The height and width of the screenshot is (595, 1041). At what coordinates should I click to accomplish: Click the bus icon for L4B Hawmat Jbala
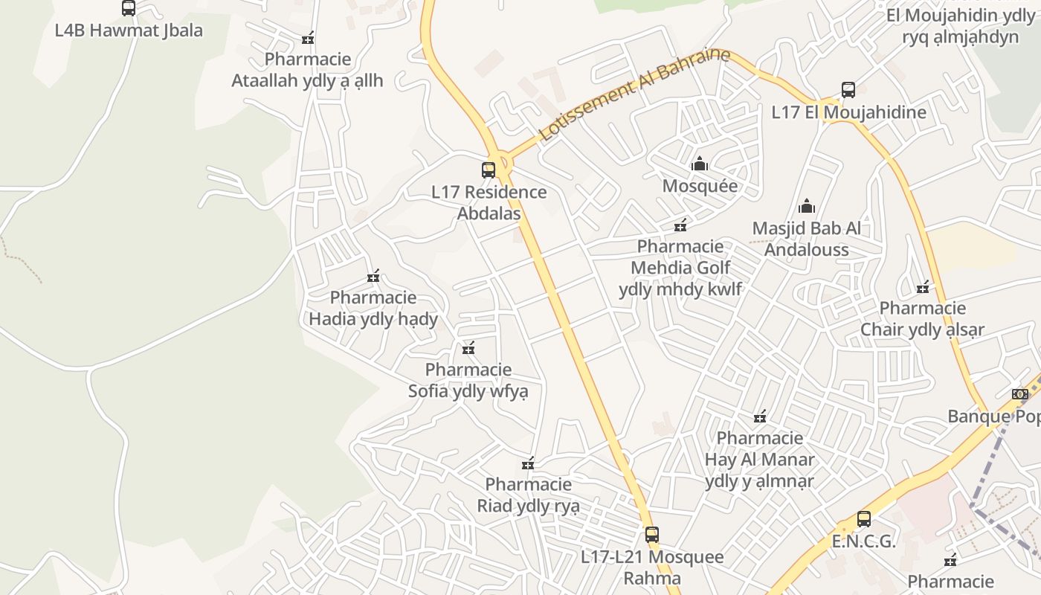(x=129, y=8)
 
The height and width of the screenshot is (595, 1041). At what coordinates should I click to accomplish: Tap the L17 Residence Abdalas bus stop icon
(x=489, y=170)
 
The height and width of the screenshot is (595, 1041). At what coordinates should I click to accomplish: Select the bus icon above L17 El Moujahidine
(x=848, y=90)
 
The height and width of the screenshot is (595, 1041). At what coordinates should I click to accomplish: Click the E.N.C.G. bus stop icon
(x=863, y=519)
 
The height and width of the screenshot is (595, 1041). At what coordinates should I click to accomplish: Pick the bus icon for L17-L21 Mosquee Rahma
(x=652, y=535)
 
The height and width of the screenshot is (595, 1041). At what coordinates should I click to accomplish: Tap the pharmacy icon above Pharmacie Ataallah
(x=308, y=38)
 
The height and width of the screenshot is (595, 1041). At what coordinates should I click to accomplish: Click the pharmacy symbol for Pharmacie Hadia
(x=373, y=277)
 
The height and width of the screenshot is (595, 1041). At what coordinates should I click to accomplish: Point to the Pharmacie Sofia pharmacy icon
(x=468, y=348)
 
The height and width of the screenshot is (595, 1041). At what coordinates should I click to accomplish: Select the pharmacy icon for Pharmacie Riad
(x=528, y=463)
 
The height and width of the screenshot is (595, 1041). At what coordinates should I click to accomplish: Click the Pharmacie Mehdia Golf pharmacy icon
(x=680, y=225)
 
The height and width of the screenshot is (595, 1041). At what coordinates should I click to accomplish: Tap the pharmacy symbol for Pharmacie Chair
(x=923, y=287)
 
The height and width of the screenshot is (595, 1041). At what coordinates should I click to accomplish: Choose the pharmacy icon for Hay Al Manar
(x=760, y=416)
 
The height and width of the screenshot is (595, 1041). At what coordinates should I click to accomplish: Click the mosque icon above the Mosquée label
(x=700, y=164)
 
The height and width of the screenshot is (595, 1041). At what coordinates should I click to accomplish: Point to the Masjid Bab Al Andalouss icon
(x=807, y=206)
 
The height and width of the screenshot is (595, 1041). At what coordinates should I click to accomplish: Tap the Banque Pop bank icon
(x=1019, y=394)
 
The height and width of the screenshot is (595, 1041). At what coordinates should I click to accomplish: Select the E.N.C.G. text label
(x=863, y=541)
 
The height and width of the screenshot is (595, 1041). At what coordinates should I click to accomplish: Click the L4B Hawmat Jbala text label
(x=129, y=30)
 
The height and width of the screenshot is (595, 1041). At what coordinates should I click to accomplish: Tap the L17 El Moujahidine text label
(x=848, y=112)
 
